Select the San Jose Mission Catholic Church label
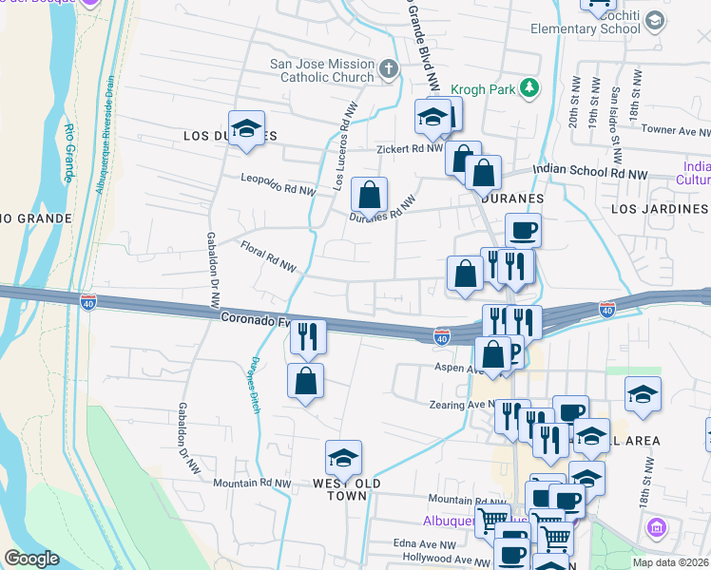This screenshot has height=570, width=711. pyautogui.click(x=322, y=70)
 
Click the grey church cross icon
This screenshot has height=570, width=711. pyautogui.click(x=388, y=68)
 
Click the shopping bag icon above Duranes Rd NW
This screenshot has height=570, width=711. pyautogui.click(x=369, y=195)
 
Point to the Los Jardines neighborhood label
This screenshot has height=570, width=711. pyautogui.click(x=660, y=208)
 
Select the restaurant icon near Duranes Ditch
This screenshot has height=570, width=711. pyautogui.click(x=308, y=335)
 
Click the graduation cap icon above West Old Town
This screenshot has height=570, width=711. pyautogui.click(x=343, y=458)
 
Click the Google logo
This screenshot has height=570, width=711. pyautogui.click(x=31, y=559)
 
